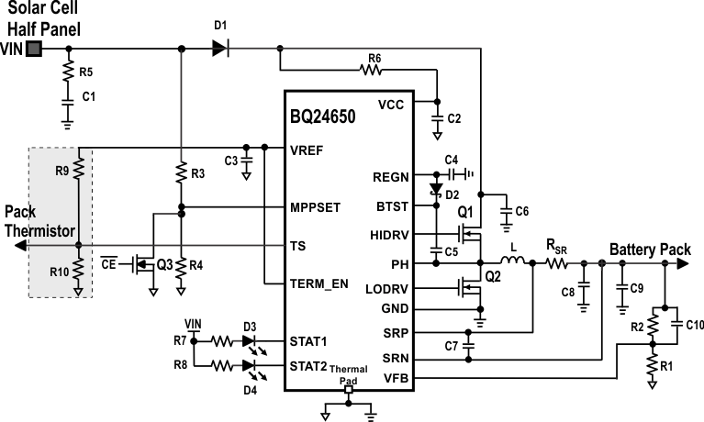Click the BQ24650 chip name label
coord(327,120)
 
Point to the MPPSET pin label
coord(317,207)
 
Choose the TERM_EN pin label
coord(318,283)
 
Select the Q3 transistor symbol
coord(144,265)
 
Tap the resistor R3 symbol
coord(182,172)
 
